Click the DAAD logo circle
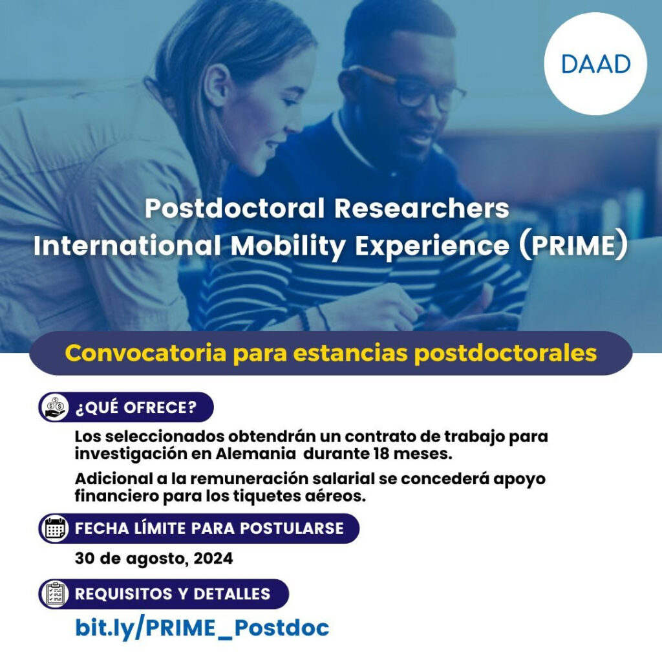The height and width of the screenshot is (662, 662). pyautogui.click(x=595, y=64)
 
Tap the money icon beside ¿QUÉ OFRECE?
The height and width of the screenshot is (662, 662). pyautogui.click(x=54, y=407)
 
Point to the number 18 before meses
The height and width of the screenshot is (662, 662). pyautogui.click(x=381, y=454)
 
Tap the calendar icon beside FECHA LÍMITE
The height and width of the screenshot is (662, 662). pyautogui.click(x=54, y=528)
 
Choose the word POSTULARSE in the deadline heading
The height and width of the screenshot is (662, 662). pyautogui.click(x=292, y=528)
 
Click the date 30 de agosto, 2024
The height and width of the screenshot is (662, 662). pyautogui.click(x=154, y=559)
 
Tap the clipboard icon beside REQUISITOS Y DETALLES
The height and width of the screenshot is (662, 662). pyautogui.click(x=54, y=594)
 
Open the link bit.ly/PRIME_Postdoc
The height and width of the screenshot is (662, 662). pyautogui.click(x=202, y=628)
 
